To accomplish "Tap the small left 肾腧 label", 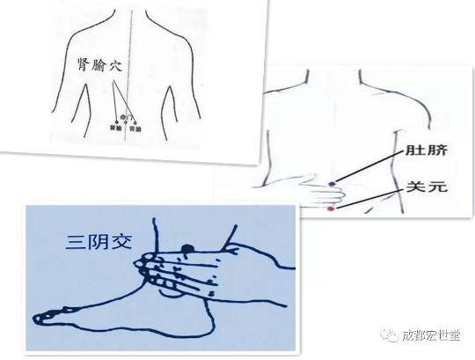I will [x=116, y=129].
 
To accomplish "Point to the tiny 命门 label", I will [x=123, y=117].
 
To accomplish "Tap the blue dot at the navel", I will [x=332, y=184].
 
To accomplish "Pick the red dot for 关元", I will [x=331, y=210].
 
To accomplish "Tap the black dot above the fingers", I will [x=188, y=249].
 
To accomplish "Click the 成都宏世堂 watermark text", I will [x=430, y=335].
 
